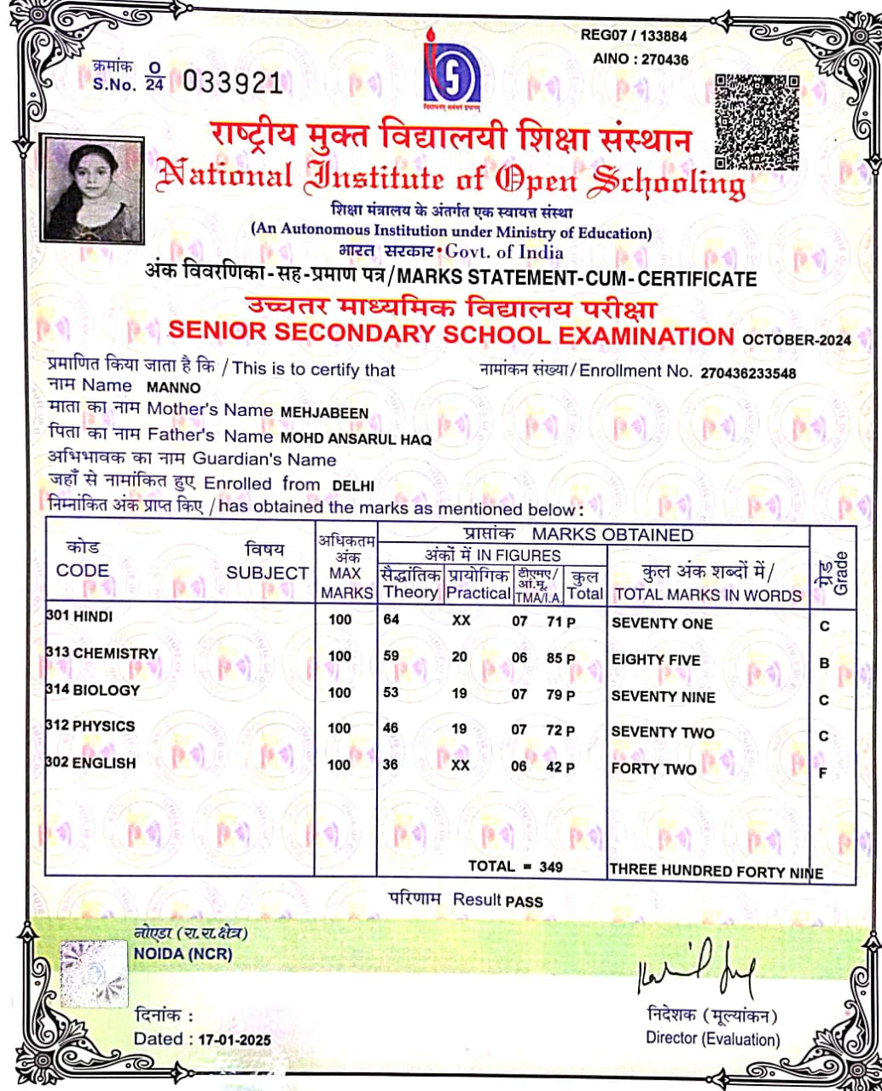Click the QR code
click(757, 119)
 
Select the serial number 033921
click(232, 82)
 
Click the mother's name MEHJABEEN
click(324, 413)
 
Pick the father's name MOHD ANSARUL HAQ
click(357, 440)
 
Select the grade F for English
click(824, 773)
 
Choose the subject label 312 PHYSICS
click(91, 726)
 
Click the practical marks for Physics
click(460, 730)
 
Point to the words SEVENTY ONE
click(662, 623)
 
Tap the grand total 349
click(552, 867)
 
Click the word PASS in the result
click(524, 901)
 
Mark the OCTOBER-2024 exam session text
click(796, 339)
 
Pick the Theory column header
click(410, 592)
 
